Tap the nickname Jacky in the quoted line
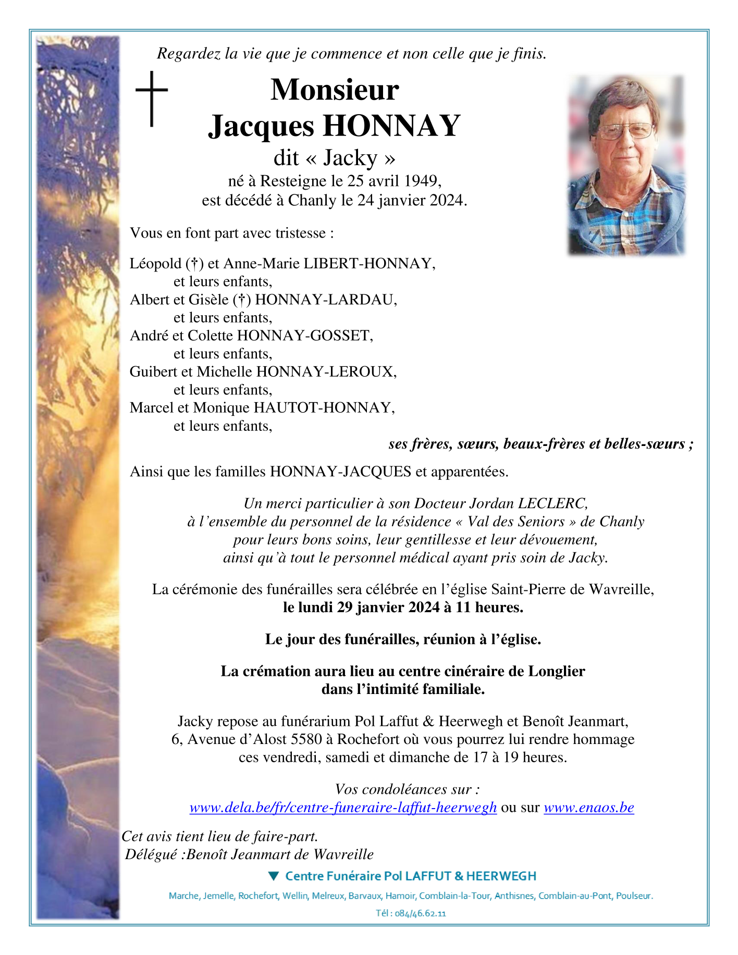click(350, 157)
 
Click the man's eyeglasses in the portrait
click(625, 131)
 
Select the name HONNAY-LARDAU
click(325, 300)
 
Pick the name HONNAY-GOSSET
click(304, 336)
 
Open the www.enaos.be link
click(588, 808)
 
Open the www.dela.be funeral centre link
click(343, 808)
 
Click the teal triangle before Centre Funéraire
click(274, 876)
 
